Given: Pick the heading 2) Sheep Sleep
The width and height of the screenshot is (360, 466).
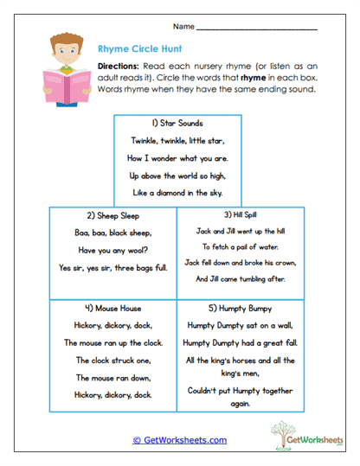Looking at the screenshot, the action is [113, 215].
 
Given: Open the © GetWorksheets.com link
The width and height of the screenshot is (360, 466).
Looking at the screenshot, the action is [179, 440].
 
